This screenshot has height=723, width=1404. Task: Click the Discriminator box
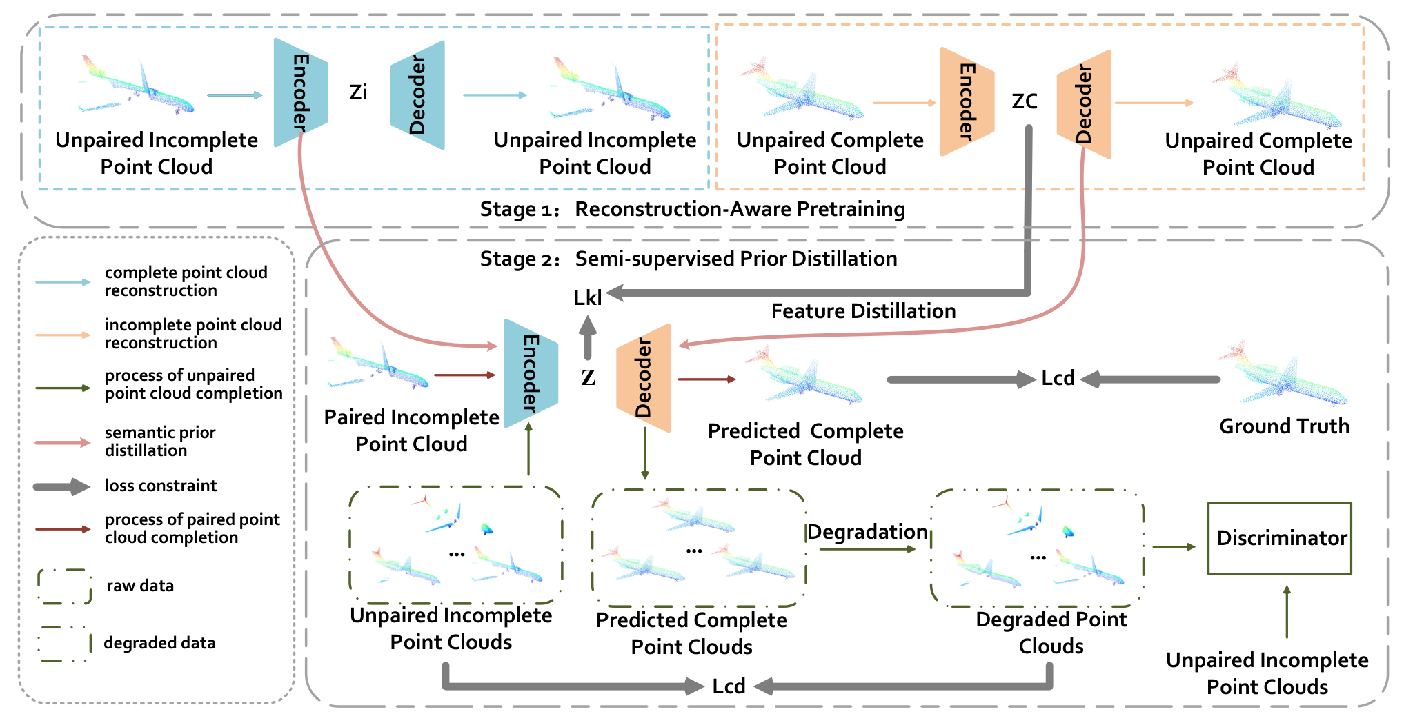pyautogui.click(x=1279, y=538)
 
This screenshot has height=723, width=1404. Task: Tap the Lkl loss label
pyautogui.click(x=588, y=297)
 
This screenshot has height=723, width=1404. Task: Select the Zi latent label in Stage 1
pyautogui.click(x=358, y=92)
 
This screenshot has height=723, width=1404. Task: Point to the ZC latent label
pyautogui.click(x=1025, y=101)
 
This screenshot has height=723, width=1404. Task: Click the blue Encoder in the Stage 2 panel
pyautogui.click(x=531, y=373)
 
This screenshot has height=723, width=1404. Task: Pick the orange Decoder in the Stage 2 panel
pyautogui.click(x=643, y=378)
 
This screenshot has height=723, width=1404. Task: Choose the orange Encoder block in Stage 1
pyautogui.click(x=967, y=101)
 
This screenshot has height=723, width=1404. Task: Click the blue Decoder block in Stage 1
pyautogui.click(x=417, y=95)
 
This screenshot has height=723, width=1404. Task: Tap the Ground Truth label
pyautogui.click(x=1284, y=426)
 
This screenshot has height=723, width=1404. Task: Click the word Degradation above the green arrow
pyautogui.click(x=867, y=532)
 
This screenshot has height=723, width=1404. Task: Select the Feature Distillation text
pyautogui.click(x=863, y=311)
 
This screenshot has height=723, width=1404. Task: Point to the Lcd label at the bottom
pyautogui.click(x=729, y=686)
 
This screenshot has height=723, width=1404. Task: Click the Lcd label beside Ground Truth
pyautogui.click(x=1058, y=378)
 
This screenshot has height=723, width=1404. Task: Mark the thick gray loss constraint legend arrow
pyautogui.click(x=61, y=486)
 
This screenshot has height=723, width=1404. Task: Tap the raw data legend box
pyautogui.click(x=65, y=586)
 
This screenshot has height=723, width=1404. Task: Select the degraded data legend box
pyautogui.click(x=65, y=644)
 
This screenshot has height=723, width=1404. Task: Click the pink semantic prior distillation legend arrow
pyautogui.click(x=63, y=443)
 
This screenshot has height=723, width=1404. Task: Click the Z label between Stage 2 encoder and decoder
pyautogui.click(x=588, y=377)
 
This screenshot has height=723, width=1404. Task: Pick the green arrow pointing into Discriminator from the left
pyautogui.click(x=1174, y=547)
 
